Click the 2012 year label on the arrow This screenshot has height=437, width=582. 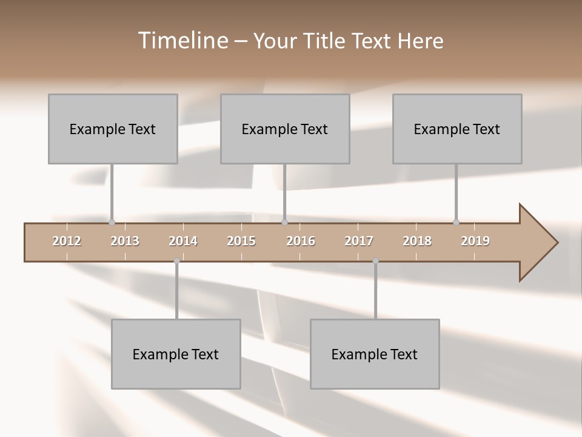tap(67, 241)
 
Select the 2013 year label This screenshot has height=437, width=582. tap(125, 241)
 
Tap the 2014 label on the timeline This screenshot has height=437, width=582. tap(183, 241)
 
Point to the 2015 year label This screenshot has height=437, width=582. tap(241, 241)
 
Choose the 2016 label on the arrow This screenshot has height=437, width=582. tap(301, 241)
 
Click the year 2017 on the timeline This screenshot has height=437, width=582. tap(359, 241)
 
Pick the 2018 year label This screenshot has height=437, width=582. tap(417, 241)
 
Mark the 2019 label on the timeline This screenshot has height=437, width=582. tap(475, 241)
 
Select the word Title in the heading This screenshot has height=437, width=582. tap(326, 41)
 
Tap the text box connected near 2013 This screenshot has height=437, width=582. tap(113, 129)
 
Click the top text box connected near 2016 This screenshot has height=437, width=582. tap(285, 129)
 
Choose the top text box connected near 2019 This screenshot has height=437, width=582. tap(457, 129)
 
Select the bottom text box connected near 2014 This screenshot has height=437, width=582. tap(176, 354)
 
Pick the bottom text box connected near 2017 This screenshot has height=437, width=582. tap(375, 354)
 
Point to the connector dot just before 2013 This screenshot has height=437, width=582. tap(112, 222)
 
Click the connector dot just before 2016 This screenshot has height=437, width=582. tap(285, 222)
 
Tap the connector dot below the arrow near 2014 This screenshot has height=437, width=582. tap(176, 261)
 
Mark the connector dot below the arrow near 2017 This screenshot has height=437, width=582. tap(375, 261)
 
